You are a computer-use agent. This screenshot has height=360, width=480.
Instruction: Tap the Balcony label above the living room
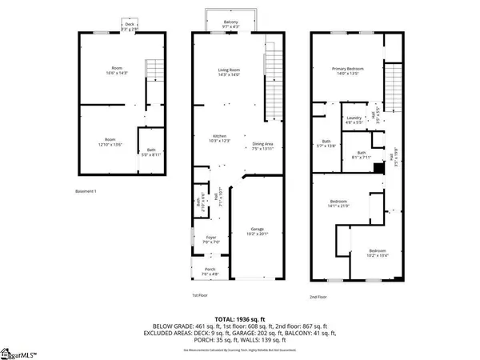[230, 24]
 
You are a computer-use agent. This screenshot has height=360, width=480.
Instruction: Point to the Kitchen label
[220, 138]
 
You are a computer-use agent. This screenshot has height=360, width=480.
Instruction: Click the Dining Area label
[262, 146]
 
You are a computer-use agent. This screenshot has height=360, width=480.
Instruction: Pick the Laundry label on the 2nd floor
[352, 119]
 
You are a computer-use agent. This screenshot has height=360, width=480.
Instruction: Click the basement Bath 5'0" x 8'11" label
[151, 151]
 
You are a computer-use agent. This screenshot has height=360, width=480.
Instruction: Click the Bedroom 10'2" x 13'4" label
[377, 253]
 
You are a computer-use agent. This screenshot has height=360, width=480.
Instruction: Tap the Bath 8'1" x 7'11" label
[362, 155]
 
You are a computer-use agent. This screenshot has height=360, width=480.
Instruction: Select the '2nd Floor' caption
[318, 297]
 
